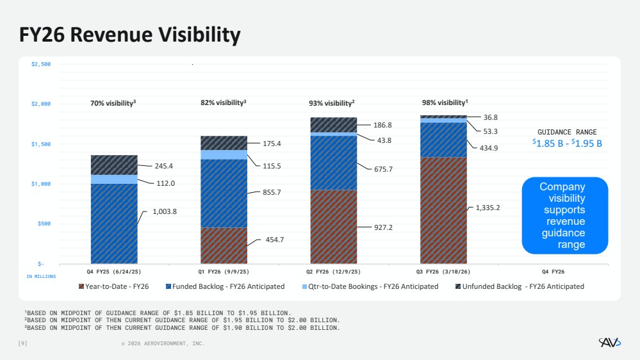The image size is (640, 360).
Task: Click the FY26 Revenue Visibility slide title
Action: click(130, 35)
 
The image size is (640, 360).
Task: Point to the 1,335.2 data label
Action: click(488, 207)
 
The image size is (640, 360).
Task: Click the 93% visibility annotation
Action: click(331, 102)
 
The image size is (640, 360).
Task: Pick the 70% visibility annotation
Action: click(113, 102)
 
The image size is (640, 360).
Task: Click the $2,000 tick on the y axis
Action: click(41, 104)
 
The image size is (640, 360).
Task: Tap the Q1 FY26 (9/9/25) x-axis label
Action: click(224, 272)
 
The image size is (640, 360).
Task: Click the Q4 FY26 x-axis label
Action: click(553, 272)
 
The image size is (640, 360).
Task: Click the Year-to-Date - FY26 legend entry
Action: click(113, 286)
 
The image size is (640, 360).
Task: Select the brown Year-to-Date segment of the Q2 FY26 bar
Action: click(333, 227)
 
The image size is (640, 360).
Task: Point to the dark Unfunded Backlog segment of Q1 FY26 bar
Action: click(224, 143)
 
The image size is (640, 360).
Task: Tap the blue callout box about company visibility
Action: click(562, 216)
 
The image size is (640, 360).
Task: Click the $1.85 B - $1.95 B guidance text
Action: click(567, 143)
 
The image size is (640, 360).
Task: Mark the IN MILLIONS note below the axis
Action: click(41, 276)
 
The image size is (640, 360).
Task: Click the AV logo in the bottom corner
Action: click(609, 343)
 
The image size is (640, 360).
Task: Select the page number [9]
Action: click(22, 343)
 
